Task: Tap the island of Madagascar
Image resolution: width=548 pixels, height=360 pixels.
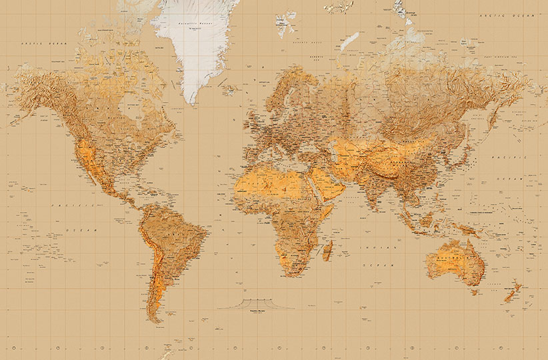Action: (x=327, y=251)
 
